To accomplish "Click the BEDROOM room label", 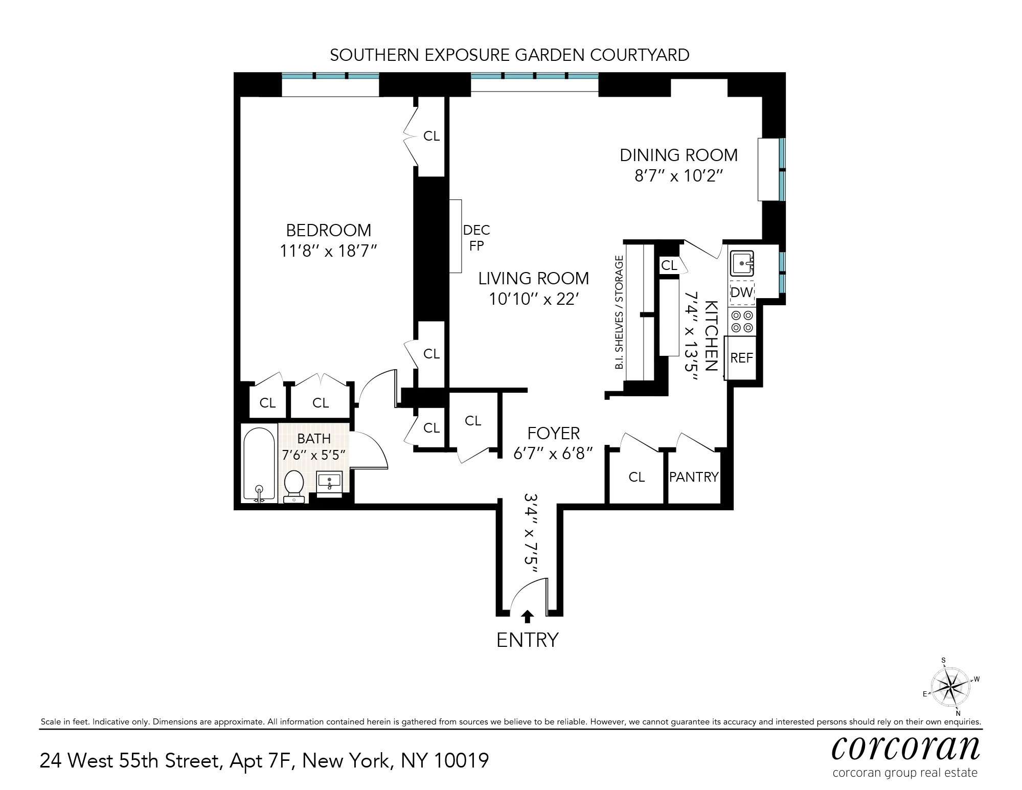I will [x=328, y=230].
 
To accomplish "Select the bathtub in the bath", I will [x=259, y=464].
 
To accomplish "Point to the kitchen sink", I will [x=741, y=263].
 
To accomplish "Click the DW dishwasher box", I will [x=742, y=292].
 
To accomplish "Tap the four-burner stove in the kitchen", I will [x=742, y=321].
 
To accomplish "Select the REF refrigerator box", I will [x=741, y=358].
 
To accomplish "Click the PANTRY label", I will [x=694, y=477].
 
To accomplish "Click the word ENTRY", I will [x=527, y=640].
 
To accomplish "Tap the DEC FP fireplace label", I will [x=476, y=238].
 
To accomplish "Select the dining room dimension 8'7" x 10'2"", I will [x=678, y=176].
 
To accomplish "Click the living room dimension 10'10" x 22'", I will [x=533, y=299].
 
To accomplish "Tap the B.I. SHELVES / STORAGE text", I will [x=620, y=312].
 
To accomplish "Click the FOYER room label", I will [x=553, y=433].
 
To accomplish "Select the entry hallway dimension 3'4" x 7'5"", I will [x=532, y=535].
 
